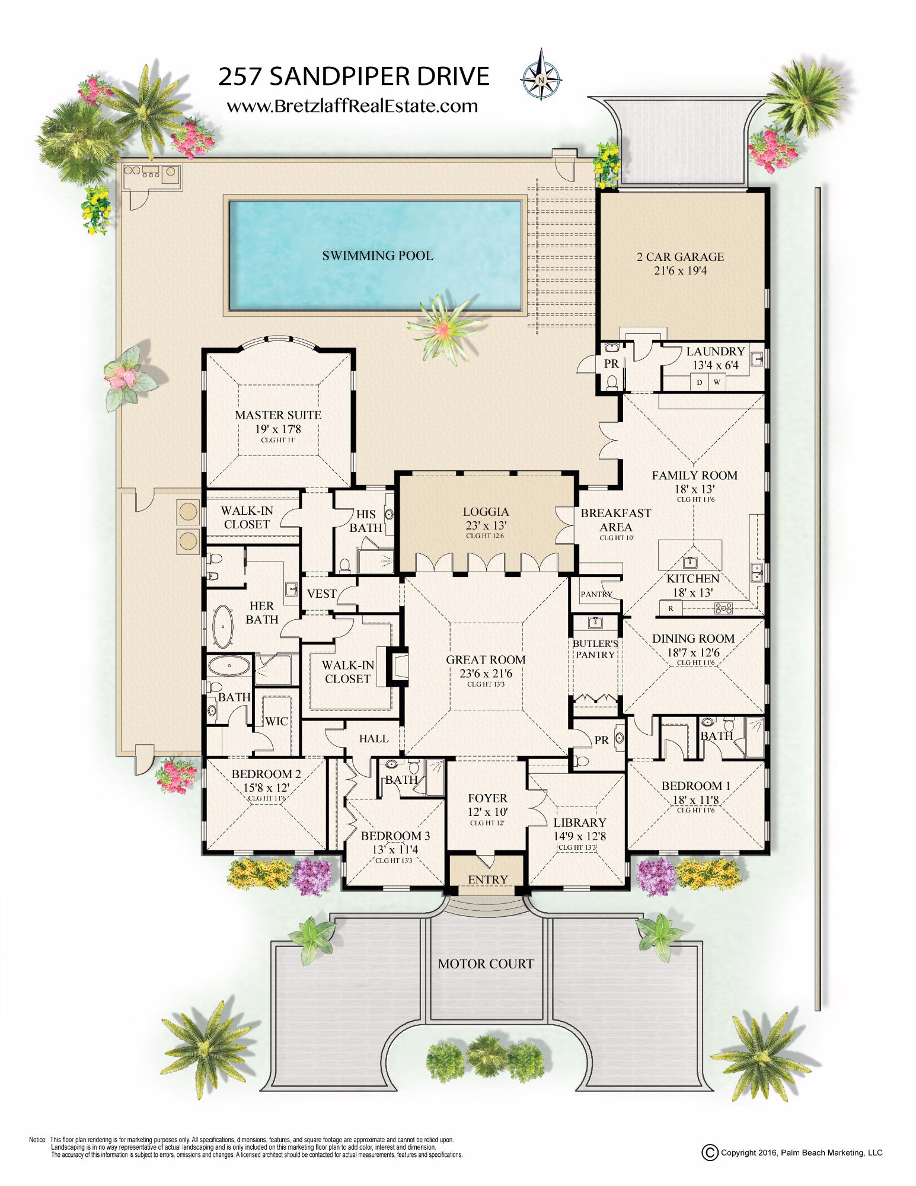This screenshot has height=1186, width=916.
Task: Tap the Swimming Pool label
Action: [x=378, y=256]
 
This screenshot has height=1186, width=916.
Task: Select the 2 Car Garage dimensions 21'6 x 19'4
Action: [x=679, y=271]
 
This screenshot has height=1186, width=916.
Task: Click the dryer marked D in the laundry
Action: [x=700, y=382]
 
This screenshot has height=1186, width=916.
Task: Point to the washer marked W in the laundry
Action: [x=717, y=382]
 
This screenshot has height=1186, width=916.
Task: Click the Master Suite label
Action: [x=278, y=415]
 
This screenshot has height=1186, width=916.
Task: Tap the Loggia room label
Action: [x=486, y=512]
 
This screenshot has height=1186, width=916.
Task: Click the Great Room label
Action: [x=486, y=660]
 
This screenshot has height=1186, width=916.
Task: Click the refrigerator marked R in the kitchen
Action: [x=671, y=608]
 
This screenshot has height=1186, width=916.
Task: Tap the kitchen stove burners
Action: [x=723, y=608]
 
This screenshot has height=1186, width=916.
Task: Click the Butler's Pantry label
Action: [x=595, y=649]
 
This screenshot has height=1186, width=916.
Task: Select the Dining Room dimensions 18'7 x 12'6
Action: [x=693, y=653]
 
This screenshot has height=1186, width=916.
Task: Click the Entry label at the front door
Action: [x=487, y=879]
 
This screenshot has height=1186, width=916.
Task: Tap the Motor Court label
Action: [x=486, y=964]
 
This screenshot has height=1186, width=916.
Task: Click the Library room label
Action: [x=579, y=822]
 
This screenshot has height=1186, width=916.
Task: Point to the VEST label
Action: [x=321, y=594]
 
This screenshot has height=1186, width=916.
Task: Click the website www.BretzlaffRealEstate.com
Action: [x=352, y=106]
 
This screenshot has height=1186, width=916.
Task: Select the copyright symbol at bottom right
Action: [x=710, y=1153]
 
